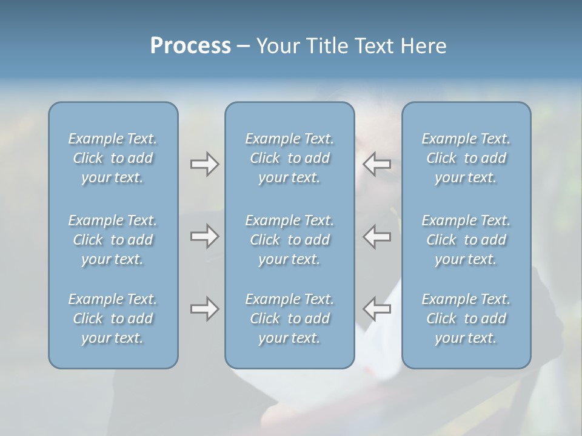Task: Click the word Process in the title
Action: [190, 46]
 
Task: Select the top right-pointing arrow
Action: [204, 164]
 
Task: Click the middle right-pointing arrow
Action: [204, 236]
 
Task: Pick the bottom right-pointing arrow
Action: [204, 309]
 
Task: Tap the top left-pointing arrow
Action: [377, 164]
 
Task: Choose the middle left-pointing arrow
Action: [377, 236]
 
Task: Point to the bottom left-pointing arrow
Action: [377, 309]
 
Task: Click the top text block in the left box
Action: [113, 158]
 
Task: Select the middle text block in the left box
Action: [113, 240]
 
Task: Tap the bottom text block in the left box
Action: [113, 319]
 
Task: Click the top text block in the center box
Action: [290, 158]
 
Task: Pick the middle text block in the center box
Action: [290, 240]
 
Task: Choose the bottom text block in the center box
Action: [290, 319]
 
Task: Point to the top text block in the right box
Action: [466, 158]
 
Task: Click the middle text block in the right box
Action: [466, 240]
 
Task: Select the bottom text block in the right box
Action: [466, 319]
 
